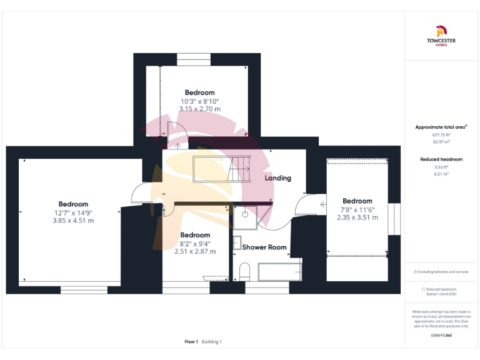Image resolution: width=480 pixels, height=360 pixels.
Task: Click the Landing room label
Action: pos(277,178)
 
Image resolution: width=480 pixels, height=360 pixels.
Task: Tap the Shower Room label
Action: pos(264,247)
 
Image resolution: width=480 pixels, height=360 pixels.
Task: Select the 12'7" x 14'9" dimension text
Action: pos(73,212)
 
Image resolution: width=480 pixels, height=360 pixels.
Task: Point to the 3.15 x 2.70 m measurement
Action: pos(199,109)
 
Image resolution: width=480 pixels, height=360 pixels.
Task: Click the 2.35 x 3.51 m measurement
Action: pos(357,217)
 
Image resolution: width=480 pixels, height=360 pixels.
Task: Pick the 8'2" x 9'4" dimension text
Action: pos(195,243)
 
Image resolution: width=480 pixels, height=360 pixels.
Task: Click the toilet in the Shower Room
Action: pos(244,271)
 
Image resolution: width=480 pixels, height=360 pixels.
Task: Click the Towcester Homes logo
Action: pos(441,35)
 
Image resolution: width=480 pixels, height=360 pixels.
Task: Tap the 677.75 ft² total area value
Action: pos(441,134)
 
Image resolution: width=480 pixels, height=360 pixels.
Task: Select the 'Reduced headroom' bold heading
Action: pos(441,159)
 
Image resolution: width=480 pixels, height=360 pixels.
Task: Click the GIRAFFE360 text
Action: pos(441,336)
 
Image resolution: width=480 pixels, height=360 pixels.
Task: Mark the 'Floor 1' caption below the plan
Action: pos(191,342)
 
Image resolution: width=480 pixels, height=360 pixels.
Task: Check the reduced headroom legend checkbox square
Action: pos(424,289)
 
